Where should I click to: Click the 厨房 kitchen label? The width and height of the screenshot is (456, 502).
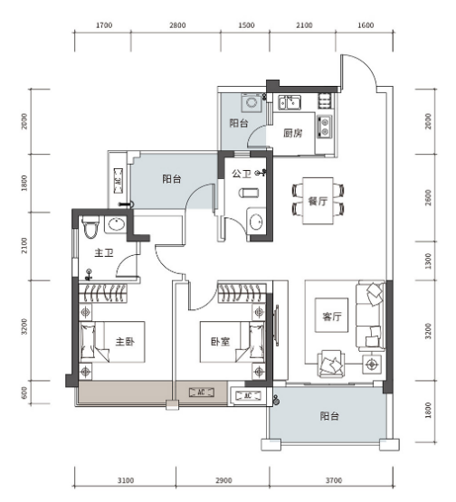(x=293, y=133)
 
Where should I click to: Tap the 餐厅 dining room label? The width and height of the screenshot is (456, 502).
(x=318, y=201)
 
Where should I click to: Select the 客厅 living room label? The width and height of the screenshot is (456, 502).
(x=332, y=317)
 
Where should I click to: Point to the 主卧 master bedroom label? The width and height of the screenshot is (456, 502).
(x=125, y=342)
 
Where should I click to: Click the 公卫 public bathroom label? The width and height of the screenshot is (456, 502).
(x=242, y=174)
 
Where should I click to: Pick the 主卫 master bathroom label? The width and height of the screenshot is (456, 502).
(x=104, y=253)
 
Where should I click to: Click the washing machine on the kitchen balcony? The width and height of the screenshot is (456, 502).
(x=251, y=102)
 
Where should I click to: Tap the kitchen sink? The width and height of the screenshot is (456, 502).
(x=290, y=102)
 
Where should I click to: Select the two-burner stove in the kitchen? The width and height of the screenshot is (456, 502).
(x=325, y=127)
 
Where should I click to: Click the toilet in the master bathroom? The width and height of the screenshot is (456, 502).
(x=90, y=227)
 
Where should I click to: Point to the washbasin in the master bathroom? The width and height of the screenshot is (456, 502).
(x=116, y=224)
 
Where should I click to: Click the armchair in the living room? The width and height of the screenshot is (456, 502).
(x=331, y=364)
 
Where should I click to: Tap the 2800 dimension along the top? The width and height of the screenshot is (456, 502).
(x=177, y=25)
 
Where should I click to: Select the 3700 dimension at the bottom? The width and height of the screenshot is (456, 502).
(x=334, y=480)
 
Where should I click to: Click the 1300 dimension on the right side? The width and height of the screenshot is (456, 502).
(x=428, y=260)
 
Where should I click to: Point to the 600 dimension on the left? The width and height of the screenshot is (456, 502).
(x=24, y=393)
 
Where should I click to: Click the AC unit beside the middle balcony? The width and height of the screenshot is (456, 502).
(x=119, y=181)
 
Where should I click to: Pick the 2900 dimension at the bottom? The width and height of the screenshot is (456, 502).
(x=223, y=480)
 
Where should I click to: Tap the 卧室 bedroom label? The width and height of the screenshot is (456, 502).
(x=221, y=342)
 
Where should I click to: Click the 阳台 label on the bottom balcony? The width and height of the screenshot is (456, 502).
(x=329, y=416)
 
